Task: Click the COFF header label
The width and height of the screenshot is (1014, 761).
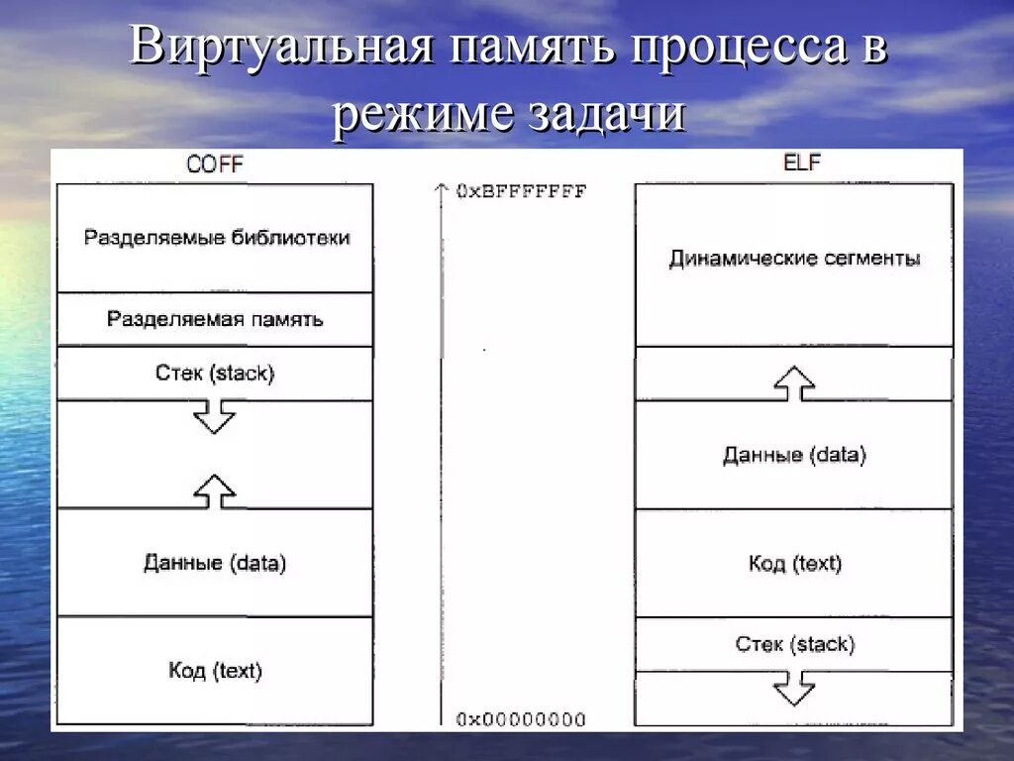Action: click(214, 165)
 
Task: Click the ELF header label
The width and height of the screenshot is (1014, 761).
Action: click(802, 163)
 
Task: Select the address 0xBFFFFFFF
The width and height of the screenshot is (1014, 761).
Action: click(521, 191)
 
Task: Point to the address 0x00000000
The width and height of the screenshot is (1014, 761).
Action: click(521, 719)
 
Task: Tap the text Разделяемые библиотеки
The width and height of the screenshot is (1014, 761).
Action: click(216, 238)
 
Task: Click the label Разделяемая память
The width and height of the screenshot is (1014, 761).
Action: click(215, 319)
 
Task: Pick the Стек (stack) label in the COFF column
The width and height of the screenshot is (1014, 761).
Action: click(215, 374)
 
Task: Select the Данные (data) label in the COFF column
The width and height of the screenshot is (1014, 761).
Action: click(215, 563)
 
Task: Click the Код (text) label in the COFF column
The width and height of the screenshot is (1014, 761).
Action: click(215, 671)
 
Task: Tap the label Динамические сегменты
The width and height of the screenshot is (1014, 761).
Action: click(794, 259)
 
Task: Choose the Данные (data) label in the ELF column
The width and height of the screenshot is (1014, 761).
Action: click(794, 455)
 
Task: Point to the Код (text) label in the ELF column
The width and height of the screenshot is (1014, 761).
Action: click(794, 564)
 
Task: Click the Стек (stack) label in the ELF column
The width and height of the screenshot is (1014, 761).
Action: click(794, 644)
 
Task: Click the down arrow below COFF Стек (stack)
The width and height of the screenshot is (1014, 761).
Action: click(214, 416)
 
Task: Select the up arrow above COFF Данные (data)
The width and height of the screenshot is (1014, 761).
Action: click(214, 491)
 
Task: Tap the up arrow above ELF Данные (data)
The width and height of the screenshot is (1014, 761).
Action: click(794, 382)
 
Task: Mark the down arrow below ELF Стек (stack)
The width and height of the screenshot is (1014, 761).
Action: click(794, 687)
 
